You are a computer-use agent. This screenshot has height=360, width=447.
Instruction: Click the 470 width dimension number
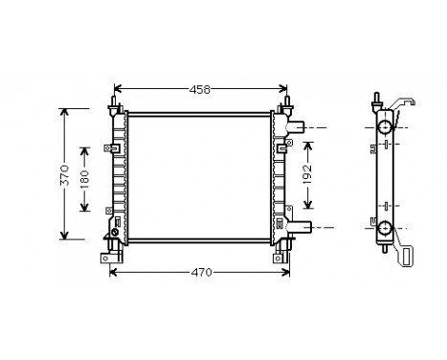200,273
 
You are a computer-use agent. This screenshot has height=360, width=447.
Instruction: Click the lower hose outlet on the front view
301,227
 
